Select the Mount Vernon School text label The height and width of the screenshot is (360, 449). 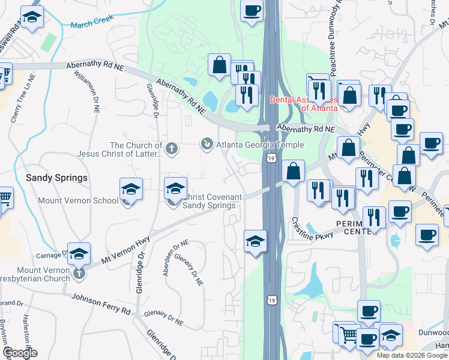coord(77,201)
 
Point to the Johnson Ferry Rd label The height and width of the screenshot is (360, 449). coord(101,304)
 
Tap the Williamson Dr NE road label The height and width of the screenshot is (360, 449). coord(87,90)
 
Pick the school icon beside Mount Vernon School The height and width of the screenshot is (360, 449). coord(131,190)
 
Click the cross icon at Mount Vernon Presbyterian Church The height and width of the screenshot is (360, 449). coord(79,275)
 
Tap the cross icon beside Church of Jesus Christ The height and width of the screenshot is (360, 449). coord(172,148)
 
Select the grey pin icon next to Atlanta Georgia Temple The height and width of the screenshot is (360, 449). coord(206,143)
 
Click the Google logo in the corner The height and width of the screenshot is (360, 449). coord(20,353)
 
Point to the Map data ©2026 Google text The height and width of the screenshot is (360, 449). coord(412,355)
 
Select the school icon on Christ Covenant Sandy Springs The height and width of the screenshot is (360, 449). coord(175,189)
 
